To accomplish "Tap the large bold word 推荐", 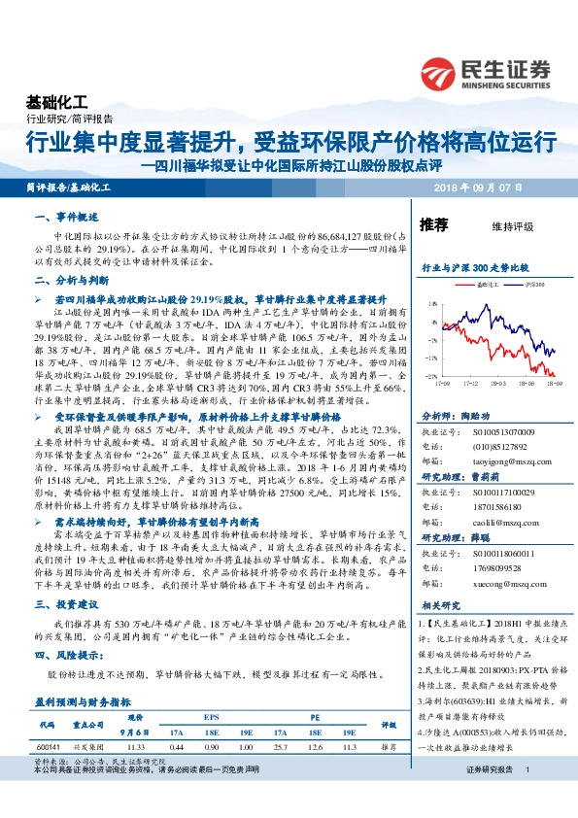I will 434,225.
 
